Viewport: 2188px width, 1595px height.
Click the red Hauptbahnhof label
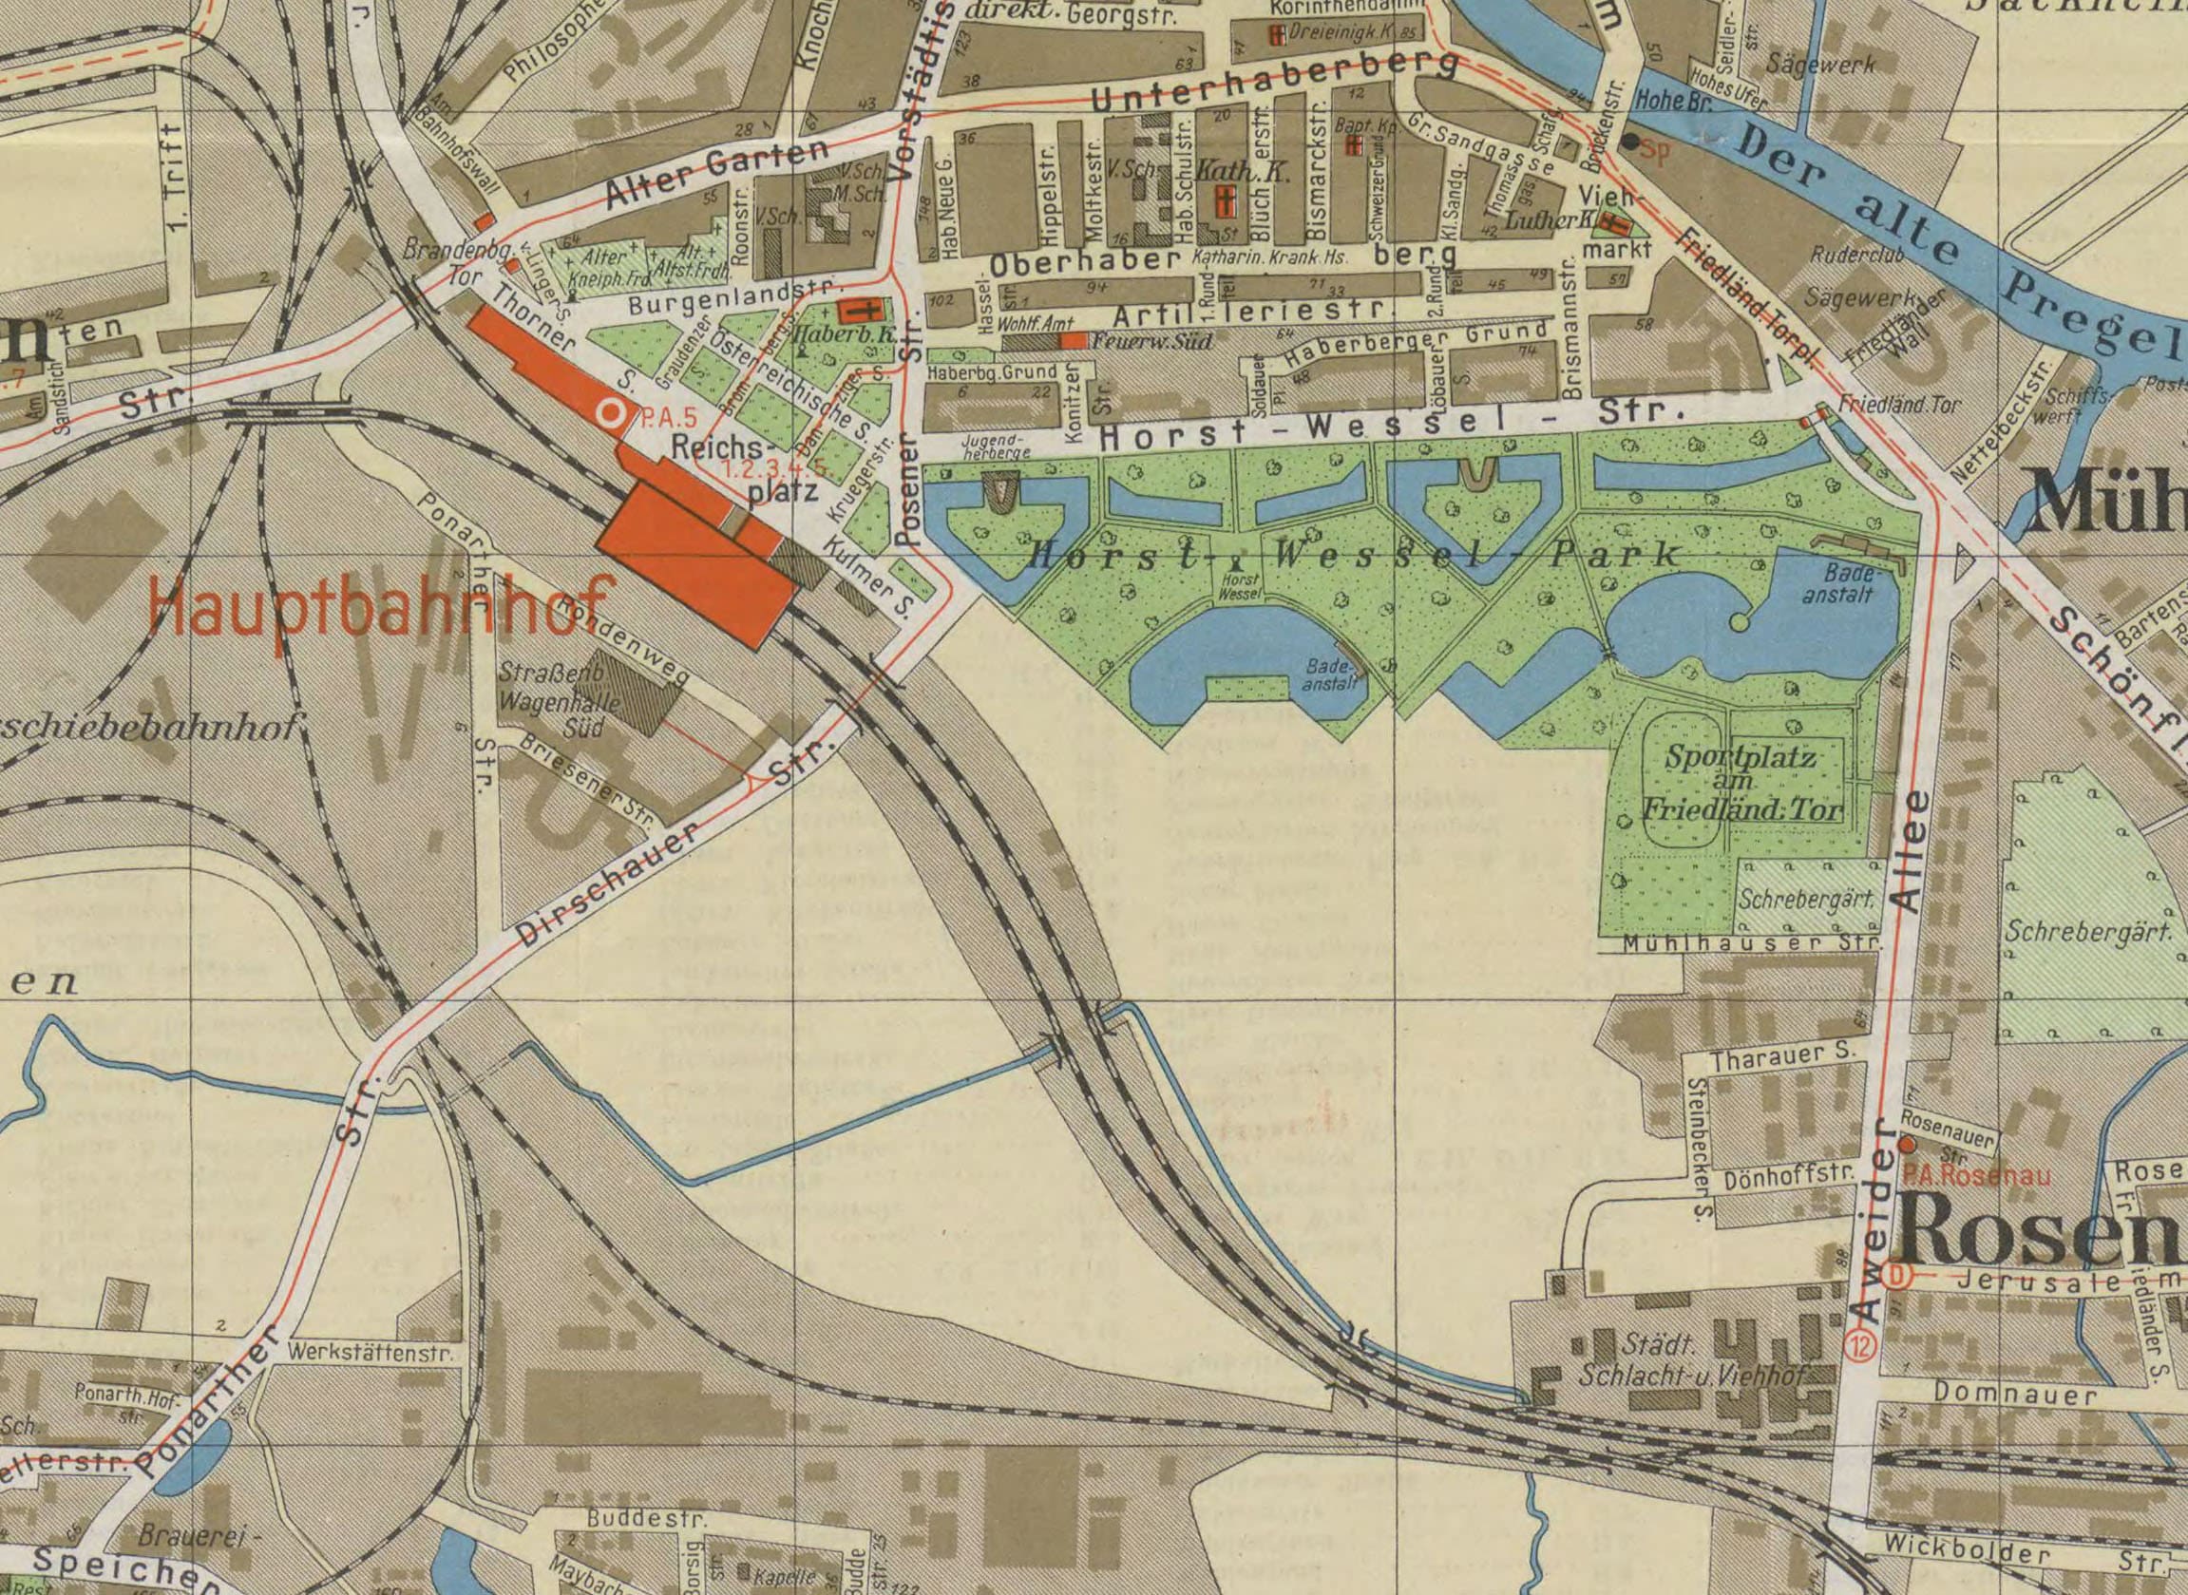click(x=381, y=605)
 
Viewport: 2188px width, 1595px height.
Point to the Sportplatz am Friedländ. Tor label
click(x=1741, y=782)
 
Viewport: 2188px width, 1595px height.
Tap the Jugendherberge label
click(x=995, y=446)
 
